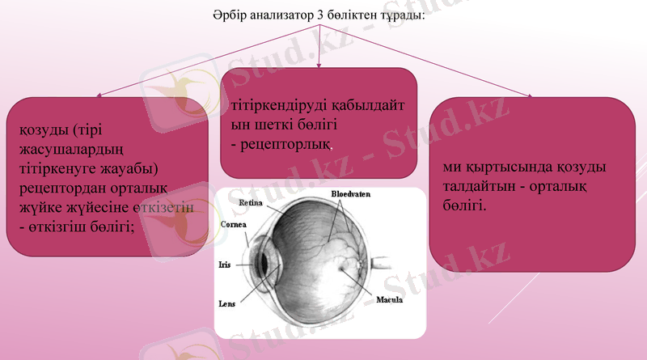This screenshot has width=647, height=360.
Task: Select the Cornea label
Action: click(x=234, y=224)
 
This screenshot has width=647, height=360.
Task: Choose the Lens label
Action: click(x=227, y=304)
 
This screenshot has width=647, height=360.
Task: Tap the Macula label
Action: click(x=390, y=300)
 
